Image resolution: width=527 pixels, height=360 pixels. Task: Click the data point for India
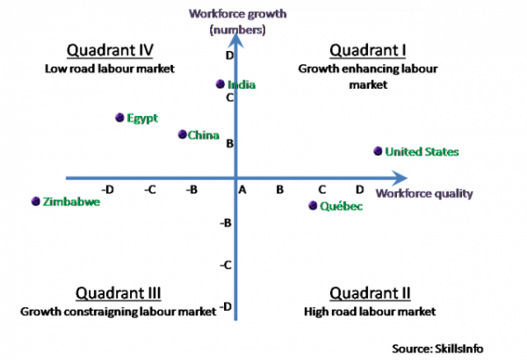(x=220, y=84)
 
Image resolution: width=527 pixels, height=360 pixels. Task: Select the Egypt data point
(x=119, y=118)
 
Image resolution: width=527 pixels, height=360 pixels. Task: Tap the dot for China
(x=182, y=134)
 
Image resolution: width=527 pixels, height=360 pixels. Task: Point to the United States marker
(x=378, y=151)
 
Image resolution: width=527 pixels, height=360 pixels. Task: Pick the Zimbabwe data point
(x=36, y=201)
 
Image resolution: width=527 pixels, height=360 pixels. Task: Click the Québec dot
(x=313, y=205)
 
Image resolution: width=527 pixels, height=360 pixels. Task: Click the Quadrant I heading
(x=368, y=50)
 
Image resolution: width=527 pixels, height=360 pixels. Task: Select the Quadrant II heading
(x=370, y=293)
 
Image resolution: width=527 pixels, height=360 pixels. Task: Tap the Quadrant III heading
(x=118, y=293)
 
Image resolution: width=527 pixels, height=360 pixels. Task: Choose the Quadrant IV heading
(x=110, y=50)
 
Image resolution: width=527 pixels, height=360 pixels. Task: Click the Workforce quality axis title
(x=424, y=193)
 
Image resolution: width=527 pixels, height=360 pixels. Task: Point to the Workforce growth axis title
(x=238, y=22)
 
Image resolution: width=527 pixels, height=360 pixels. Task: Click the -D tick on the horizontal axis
(x=107, y=190)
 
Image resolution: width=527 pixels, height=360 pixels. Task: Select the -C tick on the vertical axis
(x=226, y=265)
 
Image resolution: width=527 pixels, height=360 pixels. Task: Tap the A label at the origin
(x=242, y=191)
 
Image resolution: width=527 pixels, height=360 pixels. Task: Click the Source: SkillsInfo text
(x=437, y=349)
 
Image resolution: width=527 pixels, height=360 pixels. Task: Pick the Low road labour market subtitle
(x=110, y=68)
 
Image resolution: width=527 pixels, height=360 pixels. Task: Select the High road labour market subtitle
(x=370, y=312)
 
